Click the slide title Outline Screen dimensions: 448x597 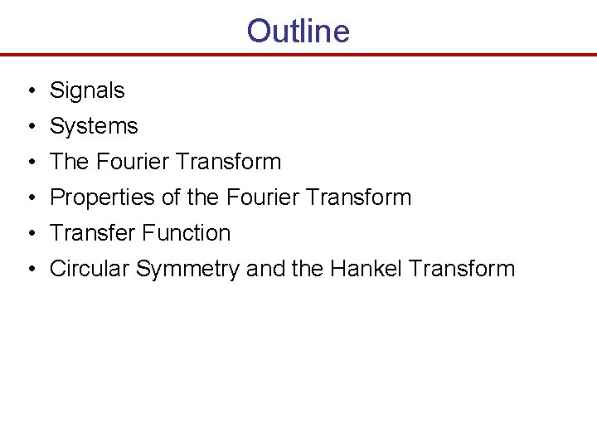click(298, 32)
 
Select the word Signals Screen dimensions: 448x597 click(87, 90)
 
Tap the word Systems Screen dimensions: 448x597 click(94, 126)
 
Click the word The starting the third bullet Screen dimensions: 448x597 click(70, 162)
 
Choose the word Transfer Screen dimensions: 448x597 click(89, 233)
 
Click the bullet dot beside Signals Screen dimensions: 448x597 click(29, 91)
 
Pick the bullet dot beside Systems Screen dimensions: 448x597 click(29, 127)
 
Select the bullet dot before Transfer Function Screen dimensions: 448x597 click(29, 234)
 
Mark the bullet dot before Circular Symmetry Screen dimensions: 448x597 click(29, 270)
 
